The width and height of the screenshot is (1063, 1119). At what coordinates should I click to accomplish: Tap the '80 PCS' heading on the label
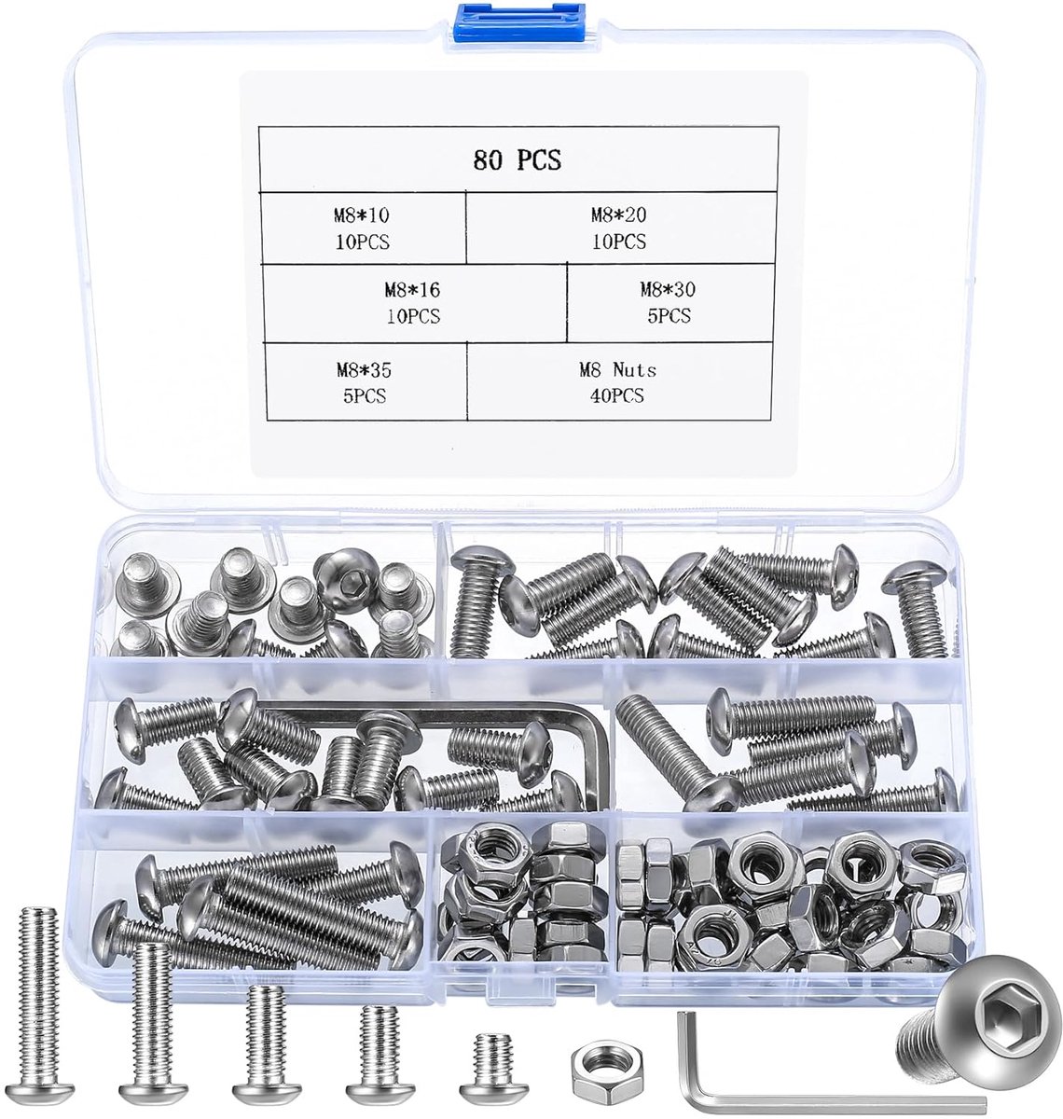(517, 160)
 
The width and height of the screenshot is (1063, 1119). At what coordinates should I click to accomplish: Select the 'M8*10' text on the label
(362, 214)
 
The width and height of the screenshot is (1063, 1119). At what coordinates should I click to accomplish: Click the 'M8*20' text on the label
(618, 214)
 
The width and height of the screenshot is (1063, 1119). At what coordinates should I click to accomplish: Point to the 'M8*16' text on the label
(412, 290)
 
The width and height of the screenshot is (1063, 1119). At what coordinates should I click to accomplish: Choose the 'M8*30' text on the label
(668, 289)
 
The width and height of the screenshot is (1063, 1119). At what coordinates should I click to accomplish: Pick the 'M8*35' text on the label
(364, 370)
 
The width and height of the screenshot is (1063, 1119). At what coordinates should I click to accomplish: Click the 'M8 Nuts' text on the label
(618, 370)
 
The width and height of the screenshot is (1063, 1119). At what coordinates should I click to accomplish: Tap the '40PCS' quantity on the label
(617, 395)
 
